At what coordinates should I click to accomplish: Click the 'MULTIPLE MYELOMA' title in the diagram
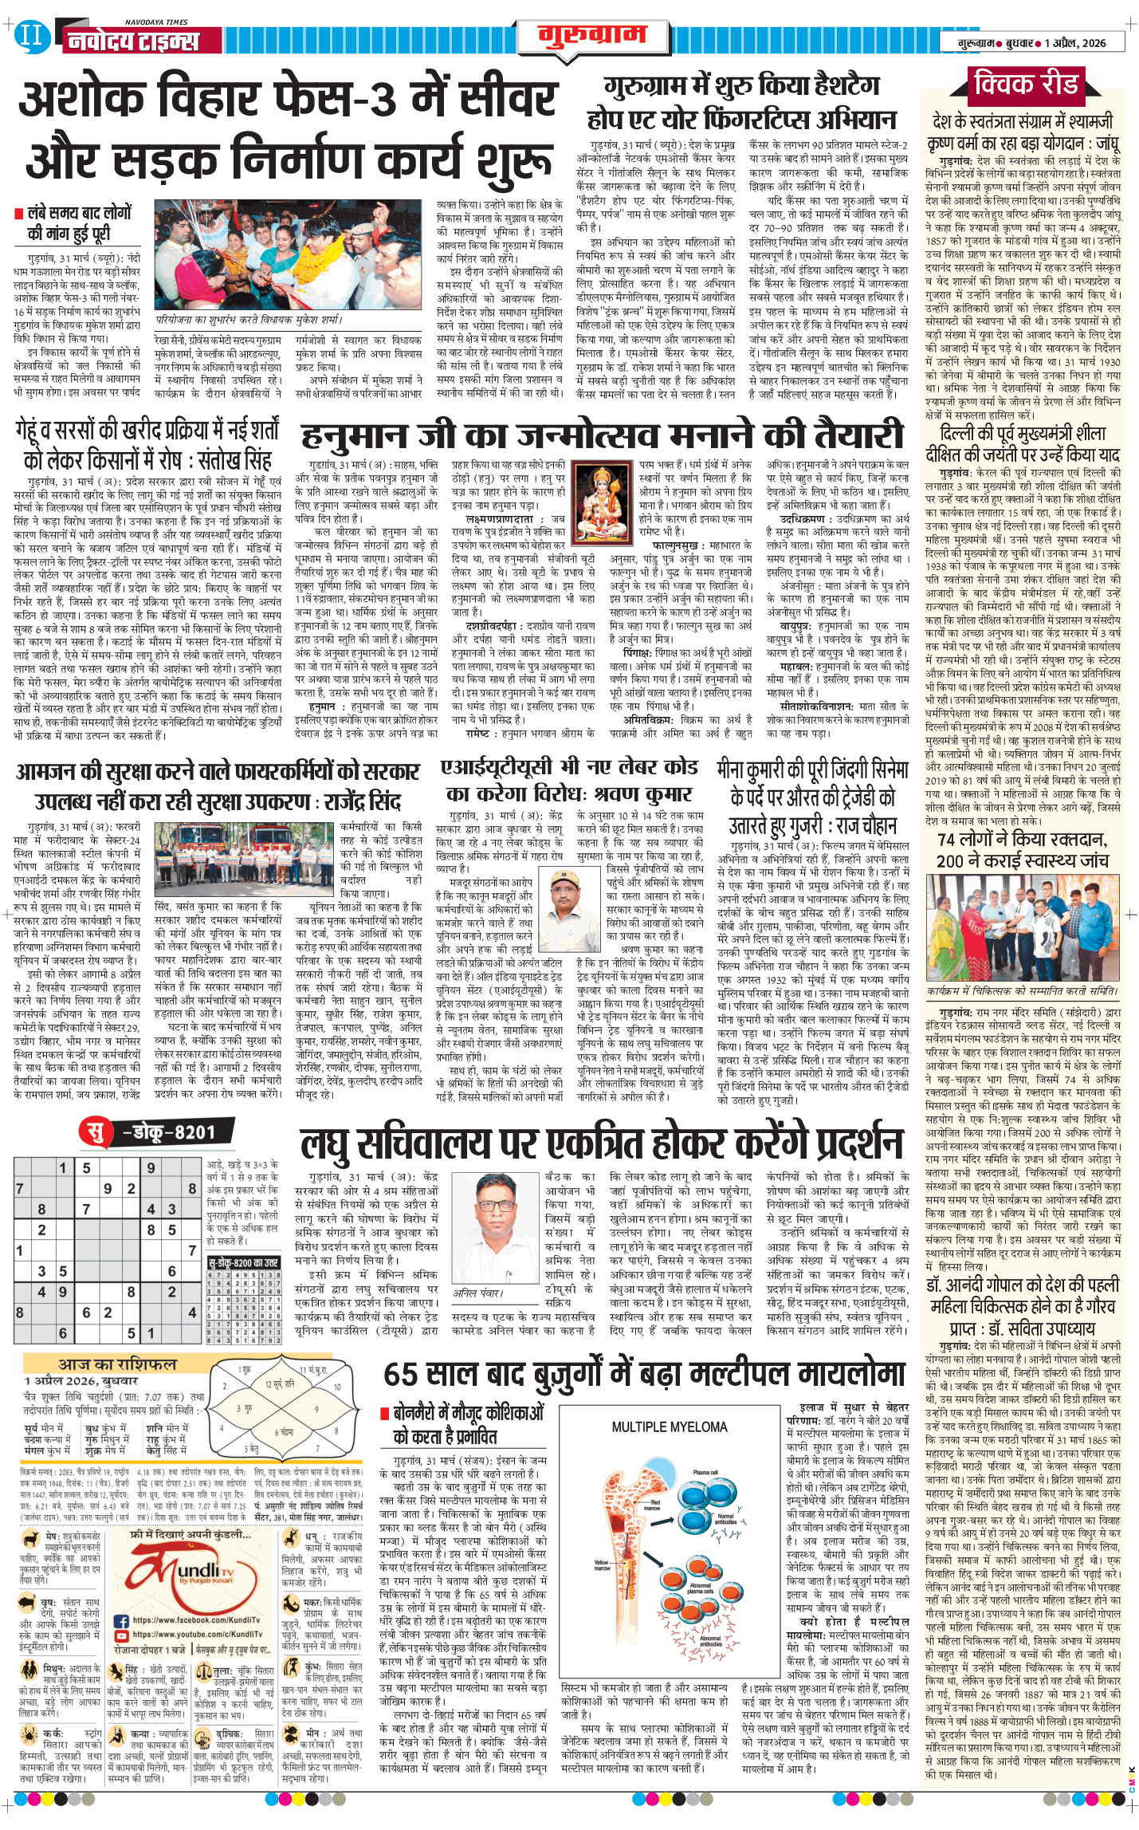669,1427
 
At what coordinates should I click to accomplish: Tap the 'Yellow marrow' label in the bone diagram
601,1565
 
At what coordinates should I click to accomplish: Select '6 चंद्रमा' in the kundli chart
285,1432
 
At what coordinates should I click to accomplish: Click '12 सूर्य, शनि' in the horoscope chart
280,1384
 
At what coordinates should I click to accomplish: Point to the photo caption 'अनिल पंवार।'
477,1293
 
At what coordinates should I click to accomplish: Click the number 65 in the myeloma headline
403,1375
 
